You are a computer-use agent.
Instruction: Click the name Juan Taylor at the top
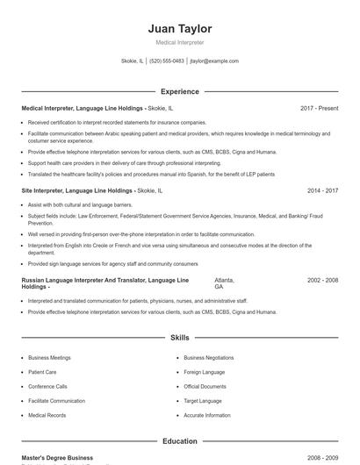[x=179, y=29]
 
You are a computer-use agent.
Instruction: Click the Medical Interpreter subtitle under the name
[x=179, y=42]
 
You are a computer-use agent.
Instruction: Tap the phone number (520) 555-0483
[x=167, y=61]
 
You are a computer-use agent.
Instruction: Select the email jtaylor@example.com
[x=215, y=61]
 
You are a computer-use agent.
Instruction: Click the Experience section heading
[x=179, y=91]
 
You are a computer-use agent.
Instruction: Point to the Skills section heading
[x=179, y=337]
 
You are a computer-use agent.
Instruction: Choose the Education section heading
[x=179, y=441]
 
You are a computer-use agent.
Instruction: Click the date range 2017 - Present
[x=319, y=108]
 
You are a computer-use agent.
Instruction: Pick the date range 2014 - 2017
[x=322, y=190]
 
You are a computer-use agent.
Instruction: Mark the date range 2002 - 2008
[x=322, y=280]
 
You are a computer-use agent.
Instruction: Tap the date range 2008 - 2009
[x=322, y=458]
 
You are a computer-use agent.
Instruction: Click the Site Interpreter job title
[x=52, y=190]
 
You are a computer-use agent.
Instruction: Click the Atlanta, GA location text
[x=224, y=283]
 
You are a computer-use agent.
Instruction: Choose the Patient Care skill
[x=43, y=372]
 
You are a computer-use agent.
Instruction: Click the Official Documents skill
[x=205, y=386]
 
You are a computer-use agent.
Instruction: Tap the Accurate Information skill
[x=207, y=415]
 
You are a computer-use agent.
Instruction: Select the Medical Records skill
[x=47, y=415]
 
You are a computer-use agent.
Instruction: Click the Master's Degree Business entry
[x=57, y=458]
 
